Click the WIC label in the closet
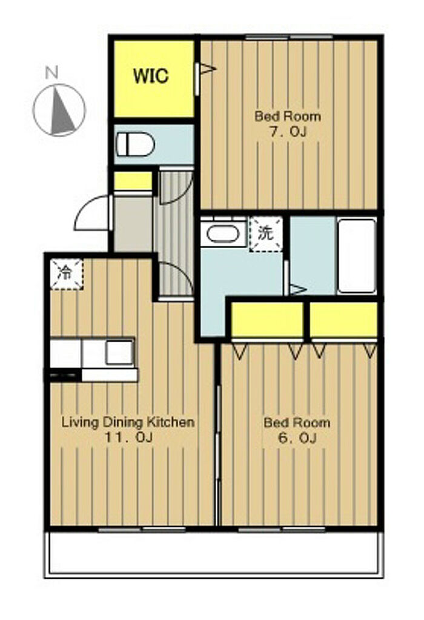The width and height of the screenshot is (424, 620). (151, 75)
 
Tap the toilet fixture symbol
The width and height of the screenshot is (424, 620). (135, 144)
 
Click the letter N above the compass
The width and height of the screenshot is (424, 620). (51, 73)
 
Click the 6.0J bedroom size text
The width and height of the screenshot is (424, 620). (297, 438)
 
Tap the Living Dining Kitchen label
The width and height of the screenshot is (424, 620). (128, 422)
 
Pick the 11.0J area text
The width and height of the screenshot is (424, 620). (128, 437)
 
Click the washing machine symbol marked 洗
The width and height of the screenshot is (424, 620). (266, 234)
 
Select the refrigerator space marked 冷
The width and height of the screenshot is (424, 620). (66, 274)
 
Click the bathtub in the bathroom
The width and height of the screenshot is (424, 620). (357, 256)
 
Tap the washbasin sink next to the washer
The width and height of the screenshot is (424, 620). (223, 234)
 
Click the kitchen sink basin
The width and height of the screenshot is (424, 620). (119, 352)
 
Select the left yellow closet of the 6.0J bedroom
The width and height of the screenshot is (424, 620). (267, 320)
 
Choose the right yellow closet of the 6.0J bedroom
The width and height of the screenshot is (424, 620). (343, 320)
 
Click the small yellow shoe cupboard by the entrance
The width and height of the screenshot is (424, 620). (133, 181)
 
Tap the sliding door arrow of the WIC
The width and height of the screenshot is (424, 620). (208, 69)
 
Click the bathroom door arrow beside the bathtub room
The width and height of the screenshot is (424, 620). (298, 289)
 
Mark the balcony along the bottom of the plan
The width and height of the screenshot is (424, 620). (214, 553)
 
